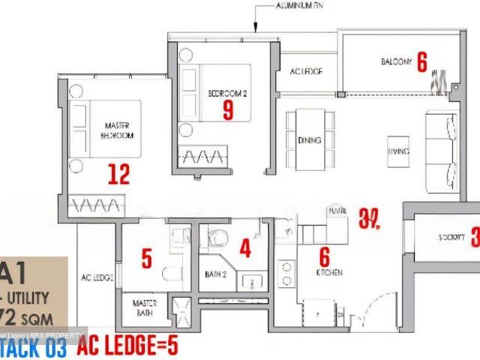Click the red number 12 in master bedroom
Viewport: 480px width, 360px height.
point(118,175)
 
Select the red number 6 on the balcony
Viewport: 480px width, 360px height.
point(422,62)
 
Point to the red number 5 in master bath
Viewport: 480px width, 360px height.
point(146,259)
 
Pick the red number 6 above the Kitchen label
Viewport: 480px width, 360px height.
point(324,256)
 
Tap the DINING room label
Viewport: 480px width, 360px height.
point(309,140)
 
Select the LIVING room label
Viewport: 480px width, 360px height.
point(398,151)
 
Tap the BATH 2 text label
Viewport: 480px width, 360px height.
point(216,275)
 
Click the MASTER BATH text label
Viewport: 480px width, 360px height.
point(144,307)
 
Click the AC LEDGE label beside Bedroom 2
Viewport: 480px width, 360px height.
point(306,72)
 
